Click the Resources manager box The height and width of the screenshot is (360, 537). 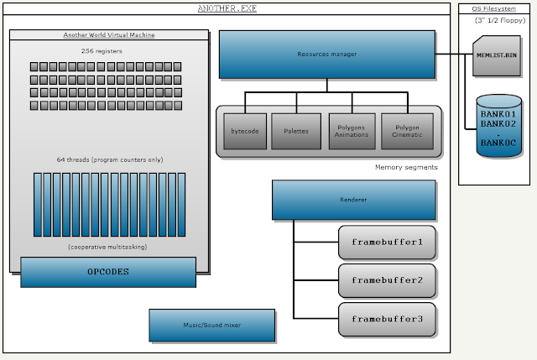point(327,55)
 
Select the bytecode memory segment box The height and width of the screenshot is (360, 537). point(244,131)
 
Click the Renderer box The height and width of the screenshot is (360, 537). point(353,201)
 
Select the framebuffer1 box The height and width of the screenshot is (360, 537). point(387,242)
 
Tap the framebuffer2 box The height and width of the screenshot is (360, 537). point(387,280)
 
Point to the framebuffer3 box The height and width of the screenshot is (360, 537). point(387,320)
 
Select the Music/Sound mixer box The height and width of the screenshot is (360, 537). point(212,325)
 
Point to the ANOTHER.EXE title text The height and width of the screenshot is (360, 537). point(227,8)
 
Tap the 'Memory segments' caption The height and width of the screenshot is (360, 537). point(406,168)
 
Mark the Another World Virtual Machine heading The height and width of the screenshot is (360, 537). point(108,34)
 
